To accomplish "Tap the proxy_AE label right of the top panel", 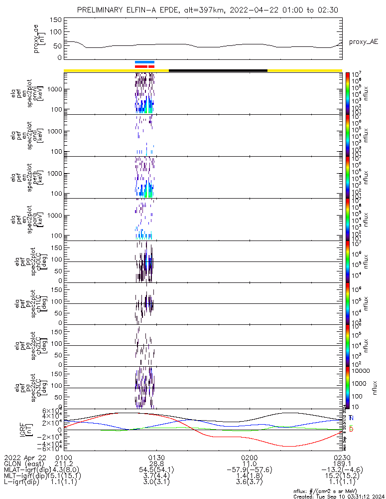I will coord(363,42).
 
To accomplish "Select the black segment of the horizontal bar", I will coord(218,70).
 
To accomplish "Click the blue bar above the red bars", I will coord(144,62).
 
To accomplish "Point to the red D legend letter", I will coord(351,429).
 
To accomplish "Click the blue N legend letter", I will coord(351,417).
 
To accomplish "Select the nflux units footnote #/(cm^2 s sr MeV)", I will coord(349,491).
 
